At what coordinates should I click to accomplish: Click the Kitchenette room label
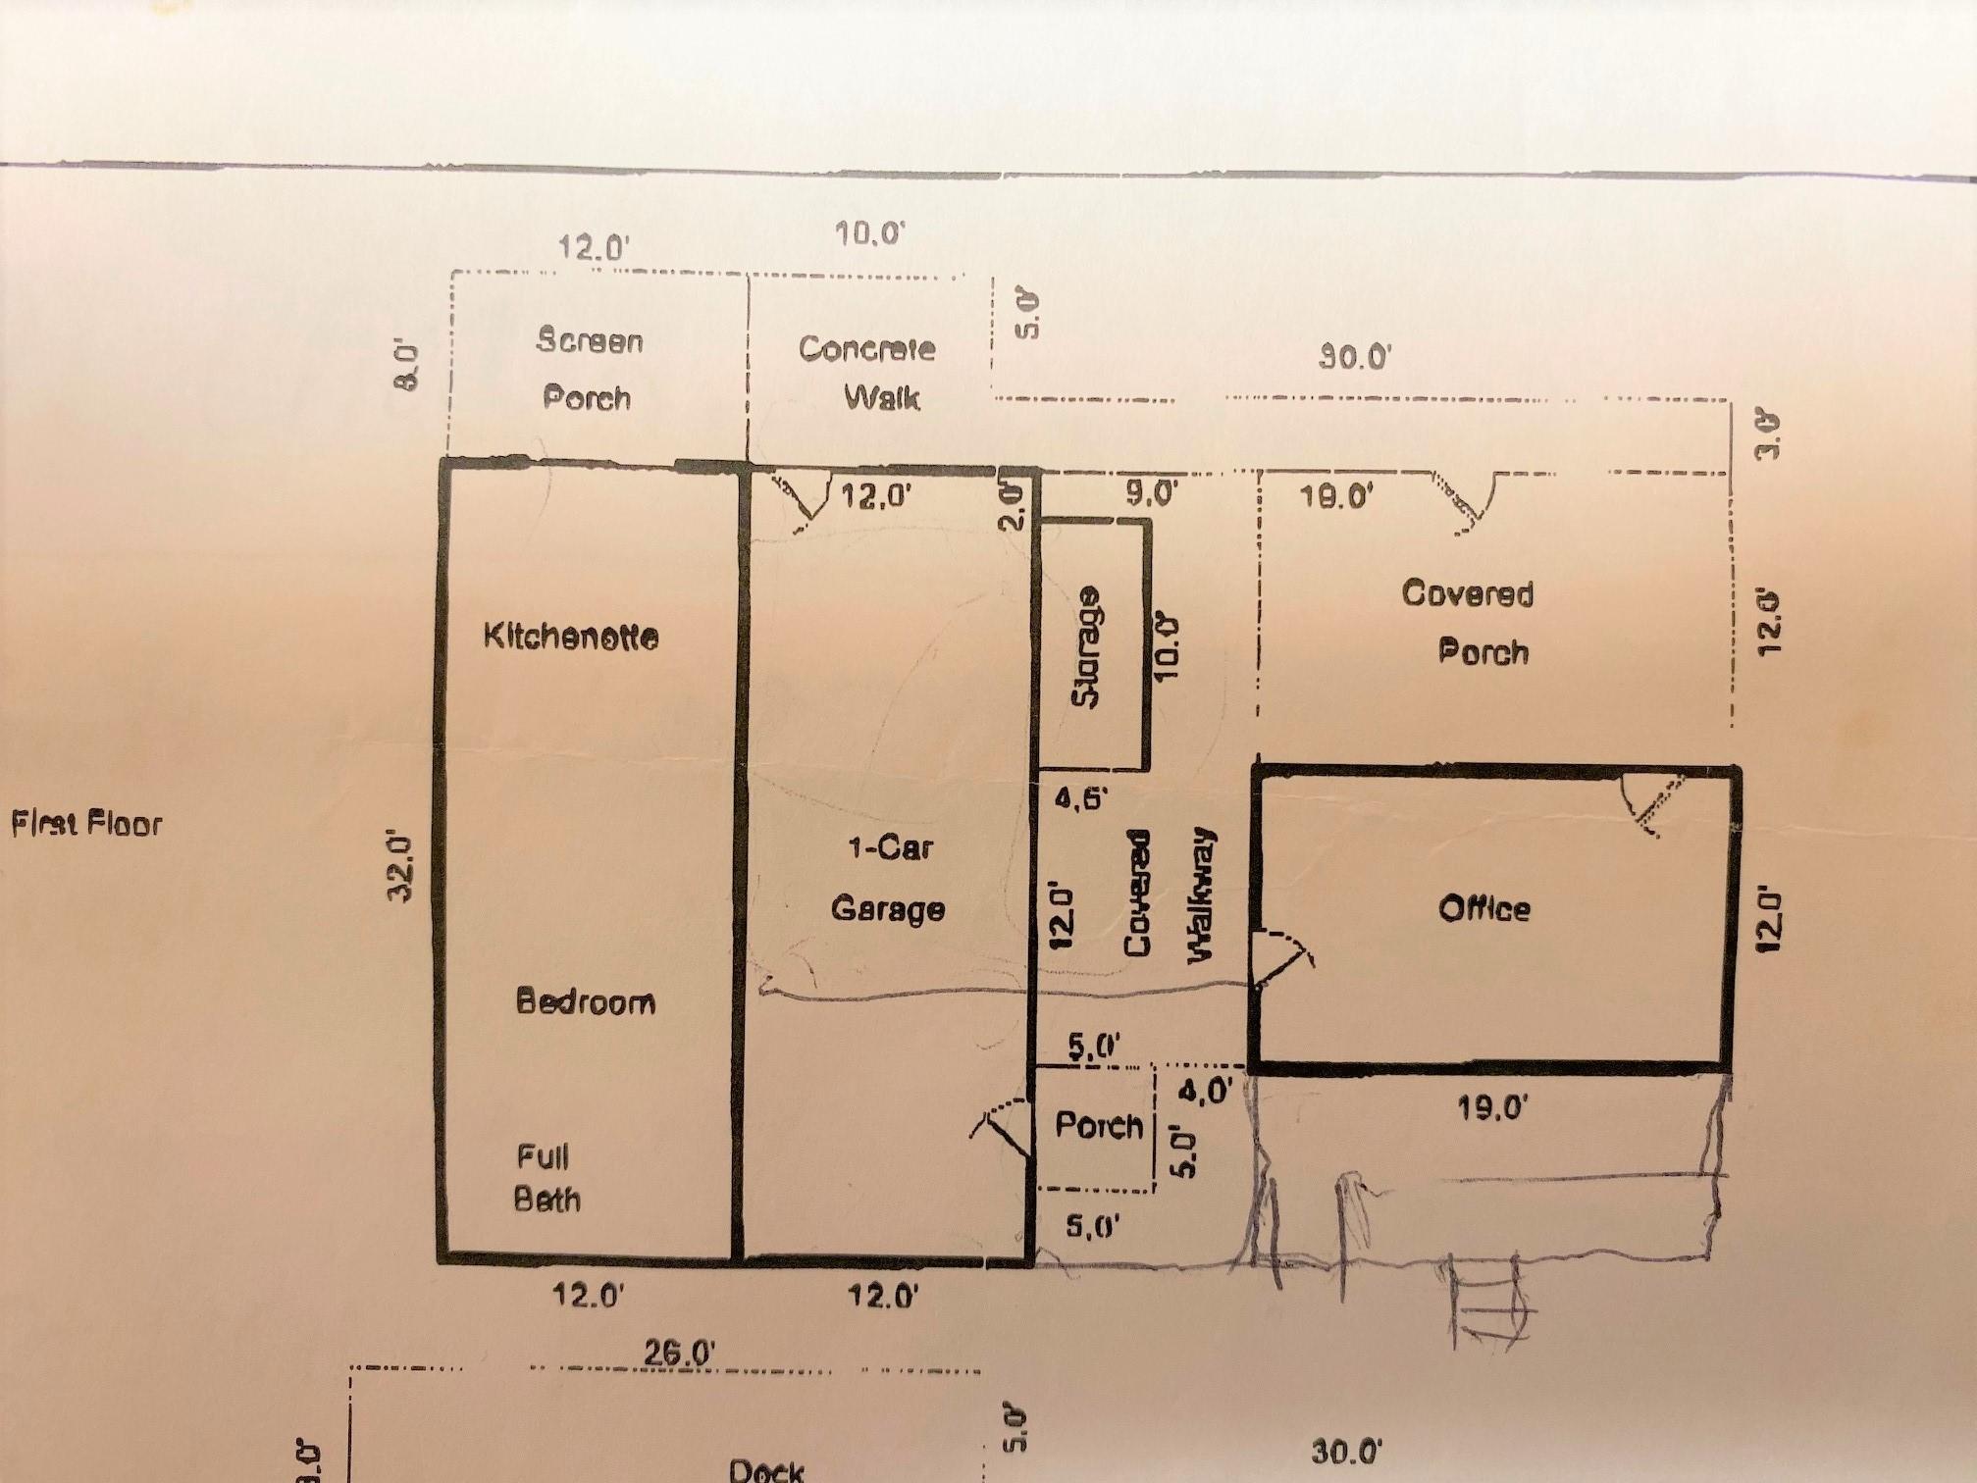point(570,637)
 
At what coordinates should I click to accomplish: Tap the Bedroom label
point(586,1001)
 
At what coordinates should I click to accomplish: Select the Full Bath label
point(546,1178)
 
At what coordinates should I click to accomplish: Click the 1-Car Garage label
point(888,878)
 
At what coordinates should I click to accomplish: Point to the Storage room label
point(1087,647)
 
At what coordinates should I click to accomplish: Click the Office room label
point(1483,908)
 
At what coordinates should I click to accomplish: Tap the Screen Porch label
point(589,369)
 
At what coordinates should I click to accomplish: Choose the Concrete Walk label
point(867,373)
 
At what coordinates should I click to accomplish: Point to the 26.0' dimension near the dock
point(679,1353)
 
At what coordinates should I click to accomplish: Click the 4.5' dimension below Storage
point(1080,798)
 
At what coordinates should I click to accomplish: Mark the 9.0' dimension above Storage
point(1151,493)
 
